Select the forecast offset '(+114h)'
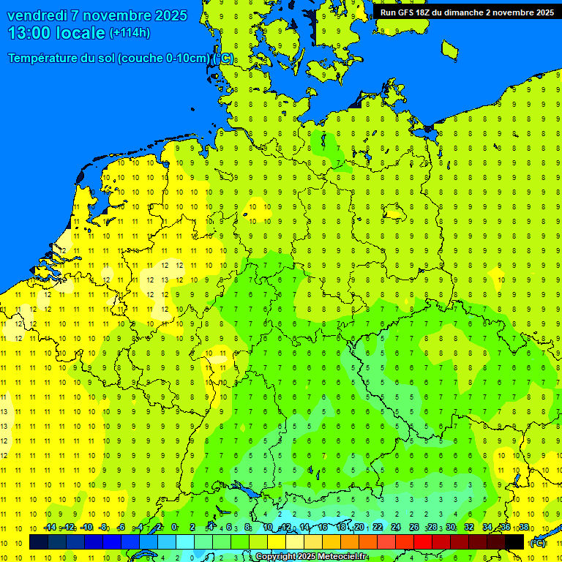(130, 33)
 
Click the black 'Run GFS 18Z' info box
(467, 12)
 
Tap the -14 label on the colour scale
(50, 527)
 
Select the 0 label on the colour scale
(174, 527)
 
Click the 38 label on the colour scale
(524, 527)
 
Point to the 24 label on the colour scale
(396, 527)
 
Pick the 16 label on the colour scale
(323, 527)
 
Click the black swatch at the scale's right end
(514, 542)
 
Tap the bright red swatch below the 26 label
(423, 542)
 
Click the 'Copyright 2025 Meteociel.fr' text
(311, 557)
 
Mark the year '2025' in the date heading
(165, 15)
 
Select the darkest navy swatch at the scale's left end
(39, 542)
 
